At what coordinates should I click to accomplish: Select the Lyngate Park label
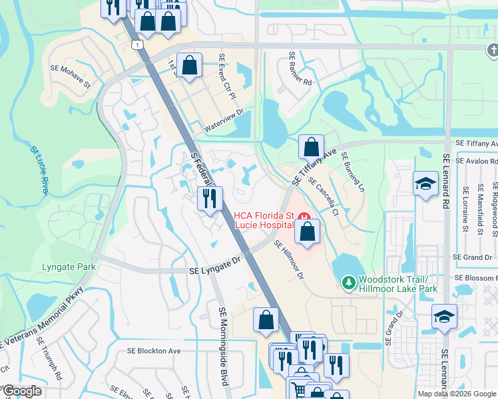[69, 267]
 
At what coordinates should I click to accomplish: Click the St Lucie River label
[39, 170]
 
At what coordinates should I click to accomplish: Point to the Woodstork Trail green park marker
[348, 284]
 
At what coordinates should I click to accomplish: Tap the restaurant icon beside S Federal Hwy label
[210, 198]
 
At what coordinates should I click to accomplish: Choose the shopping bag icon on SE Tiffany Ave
[311, 147]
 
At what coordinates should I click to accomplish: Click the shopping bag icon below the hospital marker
[307, 233]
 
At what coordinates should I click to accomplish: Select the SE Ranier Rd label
[300, 69]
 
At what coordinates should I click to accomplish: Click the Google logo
[21, 392]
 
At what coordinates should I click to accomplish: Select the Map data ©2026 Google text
[456, 394]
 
